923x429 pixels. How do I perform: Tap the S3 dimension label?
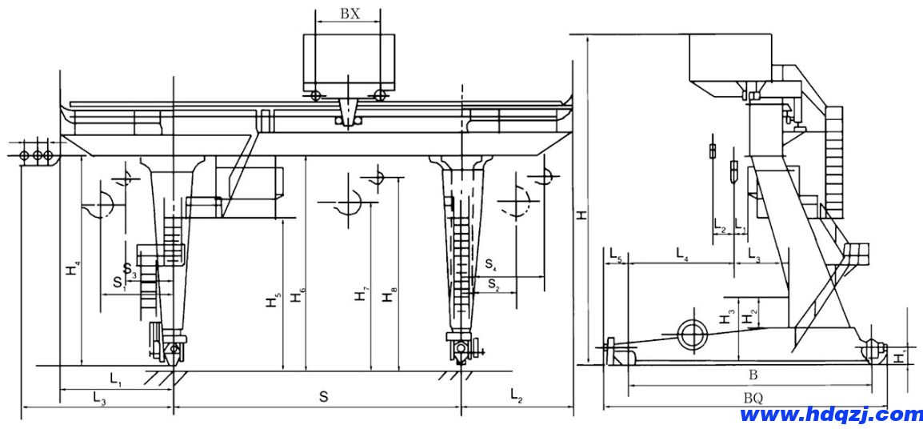pyautogui.click(x=130, y=271)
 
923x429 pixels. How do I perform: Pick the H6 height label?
pyautogui.click(x=297, y=295)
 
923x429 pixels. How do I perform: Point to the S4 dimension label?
pyautogui.click(x=491, y=264)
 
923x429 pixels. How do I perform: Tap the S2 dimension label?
pyautogui.click(x=493, y=284)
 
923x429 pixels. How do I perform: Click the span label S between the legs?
pyautogui.click(x=323, y=396)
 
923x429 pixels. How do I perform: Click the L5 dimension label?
pyautogui.click(x=615, y=256)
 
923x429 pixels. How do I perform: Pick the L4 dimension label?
pyautogui.click(x=682, y=255)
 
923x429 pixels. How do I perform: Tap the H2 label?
pyautogui.click(x=749, y=317)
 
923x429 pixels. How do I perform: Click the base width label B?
pyautogui.click(x=753, y=375)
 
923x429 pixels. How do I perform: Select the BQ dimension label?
pyautogui.click(x=753, y=397)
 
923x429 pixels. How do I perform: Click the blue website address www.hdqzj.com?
pyautogui.click(x=831, y=415)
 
